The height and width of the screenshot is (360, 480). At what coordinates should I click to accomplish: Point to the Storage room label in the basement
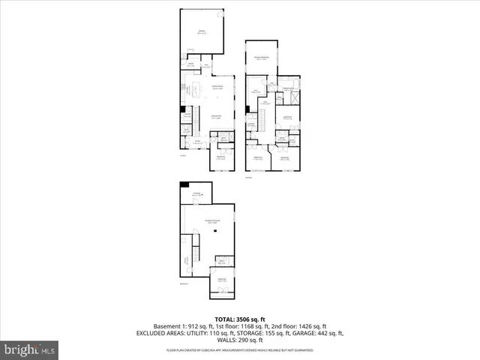pyautogui.click(x=197, y=195)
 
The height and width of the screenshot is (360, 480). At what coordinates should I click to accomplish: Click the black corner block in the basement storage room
pyautogui.click(x=184, y=185)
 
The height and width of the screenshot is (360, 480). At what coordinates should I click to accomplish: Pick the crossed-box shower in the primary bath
pyautogui.click(x=294, y=98)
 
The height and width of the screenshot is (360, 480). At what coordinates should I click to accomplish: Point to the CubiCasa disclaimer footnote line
pyautogui.click(x=239, y=350)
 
